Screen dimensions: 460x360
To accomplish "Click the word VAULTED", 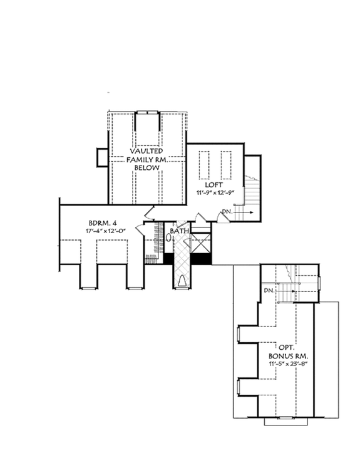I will click(x=147, y=152).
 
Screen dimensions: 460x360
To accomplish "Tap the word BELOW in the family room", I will click(x=147, y=169).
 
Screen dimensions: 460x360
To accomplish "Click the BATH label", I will click(x=181, y=231).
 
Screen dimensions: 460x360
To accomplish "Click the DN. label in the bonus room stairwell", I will click(x=268, y=290).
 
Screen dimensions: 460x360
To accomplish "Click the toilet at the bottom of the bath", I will click(x=182, y=280).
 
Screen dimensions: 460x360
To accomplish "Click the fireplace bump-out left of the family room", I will click(x=102, y=156).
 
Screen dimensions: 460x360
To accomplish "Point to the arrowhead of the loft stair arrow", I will click(x=251, y=213).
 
